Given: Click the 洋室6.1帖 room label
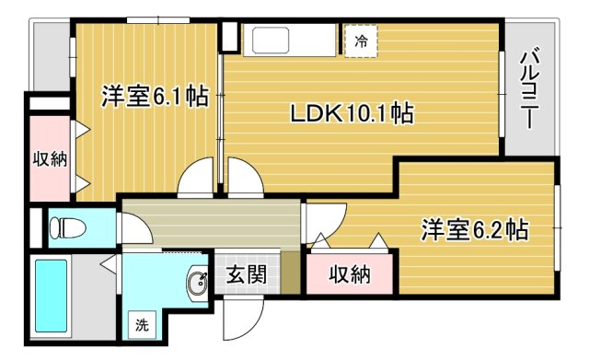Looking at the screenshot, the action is coord(155,96).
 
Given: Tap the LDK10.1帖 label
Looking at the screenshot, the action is coord(352,112).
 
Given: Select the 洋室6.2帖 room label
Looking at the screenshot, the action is coord(475,229).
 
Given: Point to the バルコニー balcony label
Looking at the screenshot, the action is coord(530,88).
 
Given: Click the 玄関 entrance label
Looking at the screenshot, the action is coord(247,274).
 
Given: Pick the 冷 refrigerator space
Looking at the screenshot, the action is coord(361,41).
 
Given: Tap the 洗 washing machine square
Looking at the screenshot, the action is coord(142,325).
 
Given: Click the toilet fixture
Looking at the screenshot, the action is coord(67,227).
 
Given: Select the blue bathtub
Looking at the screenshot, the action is coord(52,296).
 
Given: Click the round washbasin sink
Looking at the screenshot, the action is coord(197,284).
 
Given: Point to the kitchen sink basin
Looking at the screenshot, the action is coord(271,41).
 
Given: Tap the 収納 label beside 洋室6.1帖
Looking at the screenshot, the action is coord(50,159).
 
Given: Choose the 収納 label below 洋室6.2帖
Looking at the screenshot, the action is coord(350,274).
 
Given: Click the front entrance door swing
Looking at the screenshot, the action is coord(244,318).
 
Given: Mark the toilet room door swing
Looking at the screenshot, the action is coord(135,228).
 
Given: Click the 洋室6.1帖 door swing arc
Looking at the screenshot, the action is coord(195,178).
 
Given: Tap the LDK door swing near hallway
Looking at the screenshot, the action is coord(246,178).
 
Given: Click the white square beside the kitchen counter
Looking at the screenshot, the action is coord(229,37).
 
